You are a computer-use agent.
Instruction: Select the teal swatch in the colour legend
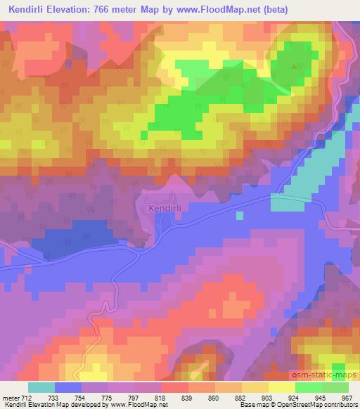pos(41,387)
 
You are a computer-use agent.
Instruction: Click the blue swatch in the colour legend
pos(68,387)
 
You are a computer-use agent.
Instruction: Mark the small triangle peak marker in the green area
pos(294,65)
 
